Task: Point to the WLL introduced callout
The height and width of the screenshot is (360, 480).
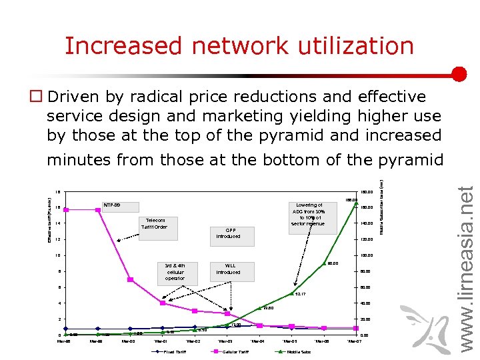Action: pos(228,269)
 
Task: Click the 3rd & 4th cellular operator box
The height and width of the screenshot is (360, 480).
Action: pos(175,271)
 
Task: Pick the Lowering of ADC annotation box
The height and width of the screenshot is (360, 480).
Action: pos(308,215)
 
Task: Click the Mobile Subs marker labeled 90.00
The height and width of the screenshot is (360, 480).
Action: pos(324,263)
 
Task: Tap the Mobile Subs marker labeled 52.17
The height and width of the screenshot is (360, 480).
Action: pos(291,293)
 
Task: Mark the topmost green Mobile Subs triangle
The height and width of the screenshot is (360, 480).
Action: pos(357,203)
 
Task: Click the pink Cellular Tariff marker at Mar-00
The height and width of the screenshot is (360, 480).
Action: pos(131,279)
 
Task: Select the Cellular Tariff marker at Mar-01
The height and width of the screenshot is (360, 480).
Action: pos(163,303)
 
